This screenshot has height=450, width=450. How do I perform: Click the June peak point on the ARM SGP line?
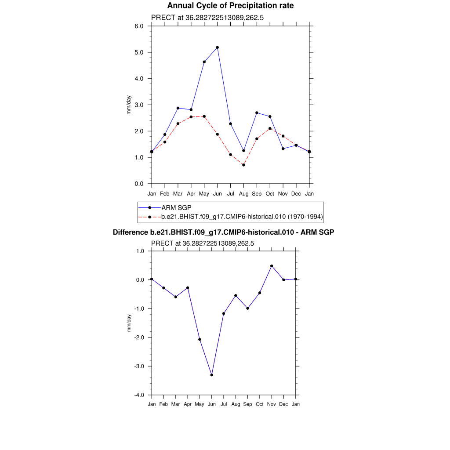tap(217, 47)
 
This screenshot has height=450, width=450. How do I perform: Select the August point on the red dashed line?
tap(243, 165)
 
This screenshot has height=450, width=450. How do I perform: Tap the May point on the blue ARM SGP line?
tap(204, 62)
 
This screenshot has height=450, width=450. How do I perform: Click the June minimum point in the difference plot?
tap(212, 375)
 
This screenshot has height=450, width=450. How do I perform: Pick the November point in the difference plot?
tap(272, 266)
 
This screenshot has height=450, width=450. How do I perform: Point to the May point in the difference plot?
tap(200, 339)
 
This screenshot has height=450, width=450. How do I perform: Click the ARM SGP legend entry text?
tap(176, 207)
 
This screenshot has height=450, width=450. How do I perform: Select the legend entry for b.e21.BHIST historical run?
tap(242, 217)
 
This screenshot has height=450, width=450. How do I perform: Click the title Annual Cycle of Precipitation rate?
tap(230, 6)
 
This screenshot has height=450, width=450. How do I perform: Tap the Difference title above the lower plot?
tap(224, 232)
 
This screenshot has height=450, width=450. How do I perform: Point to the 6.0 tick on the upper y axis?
tap(139, 26)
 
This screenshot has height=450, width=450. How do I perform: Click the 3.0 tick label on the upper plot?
tap(139, 105)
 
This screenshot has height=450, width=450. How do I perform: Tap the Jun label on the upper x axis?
tap(217, 194)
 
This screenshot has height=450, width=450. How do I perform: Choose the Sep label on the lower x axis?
tap(247, 404)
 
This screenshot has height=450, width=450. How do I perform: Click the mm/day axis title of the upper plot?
tap(129, 105)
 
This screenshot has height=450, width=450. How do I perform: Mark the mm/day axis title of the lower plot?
tap(129, 323)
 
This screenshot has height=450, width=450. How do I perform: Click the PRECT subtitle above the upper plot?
tap(207, 18)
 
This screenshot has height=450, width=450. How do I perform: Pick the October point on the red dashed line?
tap(270, 128)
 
